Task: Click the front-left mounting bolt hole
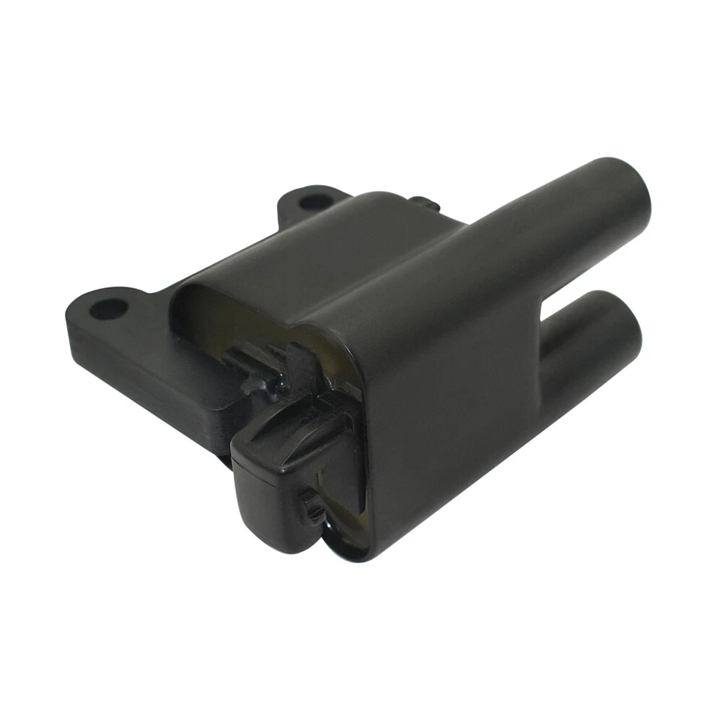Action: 110,308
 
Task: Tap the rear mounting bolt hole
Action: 314,202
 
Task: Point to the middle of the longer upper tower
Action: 526,226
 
